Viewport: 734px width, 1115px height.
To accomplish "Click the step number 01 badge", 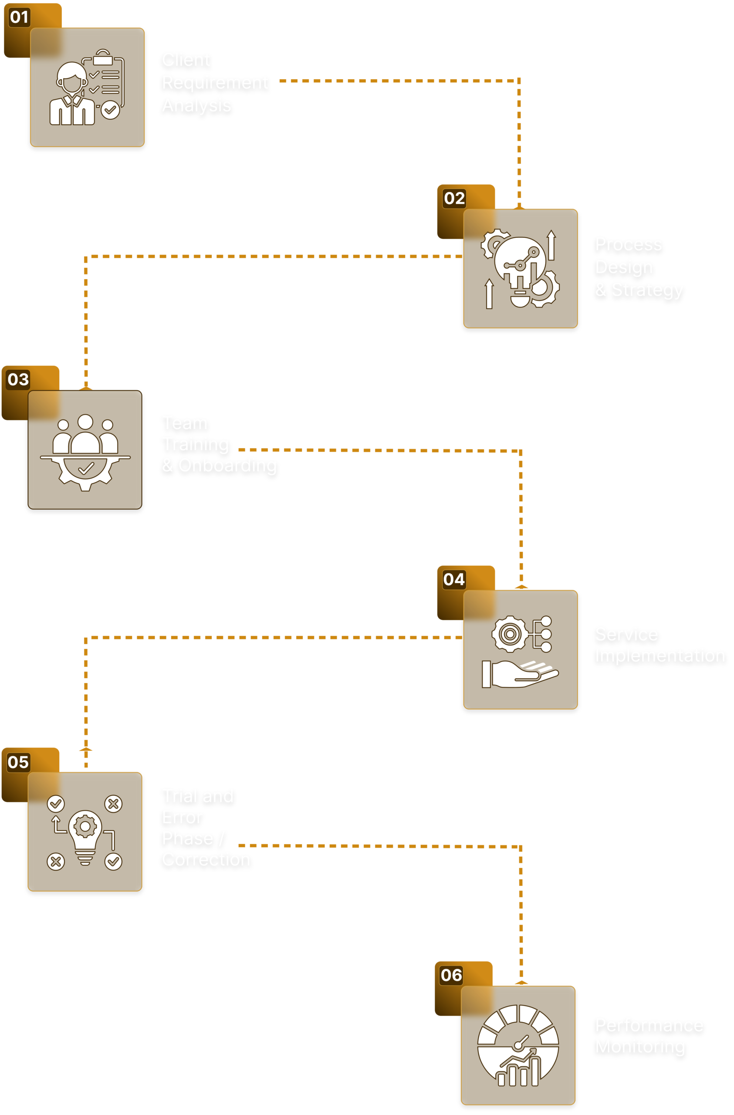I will [x=19, y=17].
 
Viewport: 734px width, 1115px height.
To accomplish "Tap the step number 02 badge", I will [x=454, y=198].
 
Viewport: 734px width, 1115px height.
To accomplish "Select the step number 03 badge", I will [x=18, y=379].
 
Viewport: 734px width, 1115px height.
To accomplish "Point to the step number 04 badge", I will [x=454, y=580].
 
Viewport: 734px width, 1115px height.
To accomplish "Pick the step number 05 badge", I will [x=18, y=762].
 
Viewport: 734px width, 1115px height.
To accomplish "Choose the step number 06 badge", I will [x=452, y=975].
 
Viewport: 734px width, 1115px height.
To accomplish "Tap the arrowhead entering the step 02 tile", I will [x=519, y=206].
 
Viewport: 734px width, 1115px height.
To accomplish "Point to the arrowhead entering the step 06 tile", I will [x=521, y=983].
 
